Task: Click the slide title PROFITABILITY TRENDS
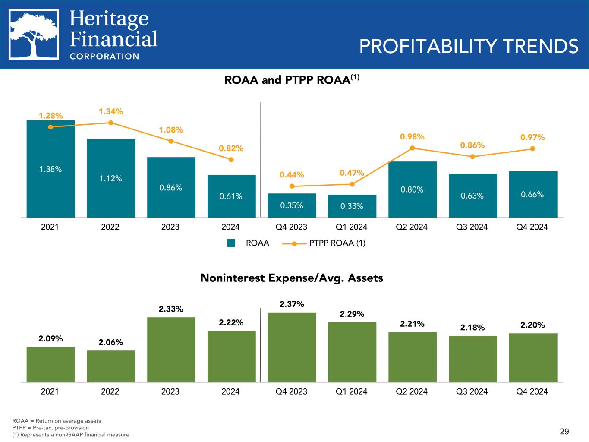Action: [469, 46]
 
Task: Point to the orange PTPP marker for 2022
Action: [111, 123]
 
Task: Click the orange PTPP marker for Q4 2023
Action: [292, 186]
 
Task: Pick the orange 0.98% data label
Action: [412, 136]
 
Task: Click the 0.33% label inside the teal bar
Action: [352, 206]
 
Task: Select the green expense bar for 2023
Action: [171, 350]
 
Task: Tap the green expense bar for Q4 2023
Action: [292, 347]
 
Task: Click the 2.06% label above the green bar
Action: [111, 342]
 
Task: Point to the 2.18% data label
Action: [472, 328]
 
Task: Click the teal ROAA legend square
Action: [232, 243]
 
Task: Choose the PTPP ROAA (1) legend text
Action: [337, 243]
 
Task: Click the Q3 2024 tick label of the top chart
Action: [472, 227]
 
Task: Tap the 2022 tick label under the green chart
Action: [110, 391]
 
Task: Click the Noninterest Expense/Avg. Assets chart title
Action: [292, 278]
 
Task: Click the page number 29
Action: [564, 431]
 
